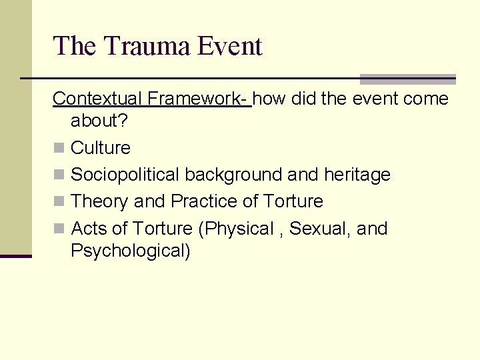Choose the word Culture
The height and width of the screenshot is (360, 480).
pos(101,148)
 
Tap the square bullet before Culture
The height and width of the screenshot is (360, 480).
pos(59,148)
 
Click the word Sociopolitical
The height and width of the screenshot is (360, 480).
pos(125,175)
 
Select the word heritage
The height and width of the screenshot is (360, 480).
pos(357,175)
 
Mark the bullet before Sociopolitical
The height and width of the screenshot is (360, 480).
pos(59,175)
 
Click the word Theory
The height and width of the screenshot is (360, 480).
pos(100,201)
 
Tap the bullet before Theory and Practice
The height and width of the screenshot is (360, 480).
pos(59,201)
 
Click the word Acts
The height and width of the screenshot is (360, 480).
pos(89,229)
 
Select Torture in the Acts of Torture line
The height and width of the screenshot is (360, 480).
pos(163,229)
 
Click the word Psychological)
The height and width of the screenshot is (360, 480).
pos(131,251)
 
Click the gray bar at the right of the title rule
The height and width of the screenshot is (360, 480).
pos(407,79)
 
